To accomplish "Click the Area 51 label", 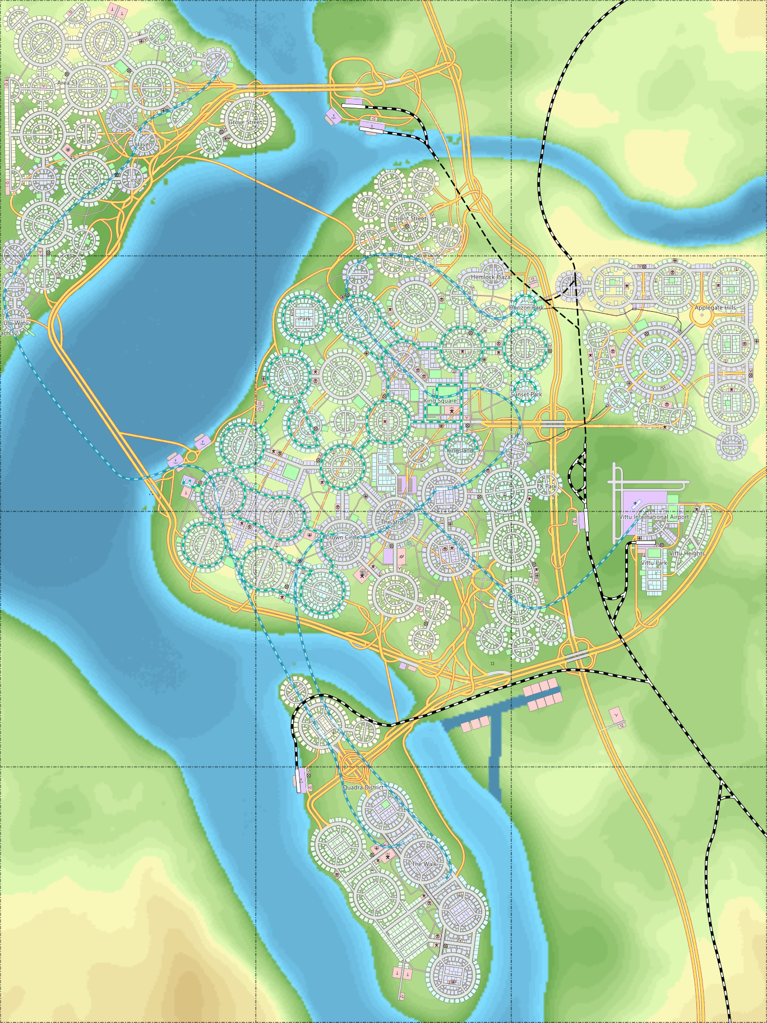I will point(67,83).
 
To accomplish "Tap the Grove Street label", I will point(245,122).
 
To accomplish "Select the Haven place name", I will point(144,144).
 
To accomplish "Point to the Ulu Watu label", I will point(16,323).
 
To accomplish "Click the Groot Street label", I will point(410,219).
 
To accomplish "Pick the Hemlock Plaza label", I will point(491,277).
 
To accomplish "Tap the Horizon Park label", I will point(526,308).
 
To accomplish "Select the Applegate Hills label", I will point(715,308).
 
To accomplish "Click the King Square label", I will point(440,401).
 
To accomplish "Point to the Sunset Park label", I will point(526,394).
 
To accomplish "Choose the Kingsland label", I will point(460,451).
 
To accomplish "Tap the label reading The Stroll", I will point(394,522).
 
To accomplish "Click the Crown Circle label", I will point(343,537).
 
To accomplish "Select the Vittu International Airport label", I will point(654,517).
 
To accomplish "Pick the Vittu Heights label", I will point(687,554).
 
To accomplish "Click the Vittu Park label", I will point(654,563).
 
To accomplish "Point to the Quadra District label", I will point(363,788).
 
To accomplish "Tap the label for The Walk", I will point(424,864).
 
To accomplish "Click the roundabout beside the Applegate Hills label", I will point(702,316).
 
